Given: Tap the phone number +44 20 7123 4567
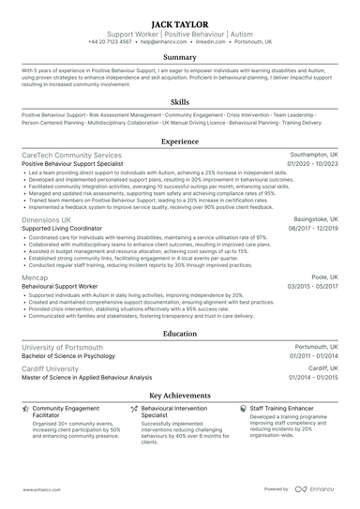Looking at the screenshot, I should [120, 42].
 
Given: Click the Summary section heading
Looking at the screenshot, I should [179, 57].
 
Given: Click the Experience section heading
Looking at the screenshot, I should [179, 142].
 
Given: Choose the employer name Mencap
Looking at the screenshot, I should [35, 277].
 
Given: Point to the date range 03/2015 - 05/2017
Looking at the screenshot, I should [313, 287].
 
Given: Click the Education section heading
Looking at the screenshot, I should [179, 333].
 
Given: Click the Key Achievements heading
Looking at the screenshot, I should [179, 396].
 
